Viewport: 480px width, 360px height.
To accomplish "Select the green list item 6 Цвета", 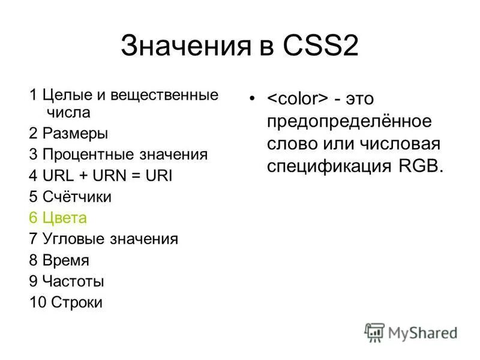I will [x=58, y=218].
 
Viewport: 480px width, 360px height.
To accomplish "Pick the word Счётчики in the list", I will [x=77, y=197].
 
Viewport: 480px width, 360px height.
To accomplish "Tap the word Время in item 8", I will [x=66, y=260].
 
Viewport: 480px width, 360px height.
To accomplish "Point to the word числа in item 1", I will [x=67, y=112].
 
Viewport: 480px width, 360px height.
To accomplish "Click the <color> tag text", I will [x=297, y=98].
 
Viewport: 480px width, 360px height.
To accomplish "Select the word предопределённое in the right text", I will [x=349, y=121].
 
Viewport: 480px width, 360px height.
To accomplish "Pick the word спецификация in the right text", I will [x=329, y=167].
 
